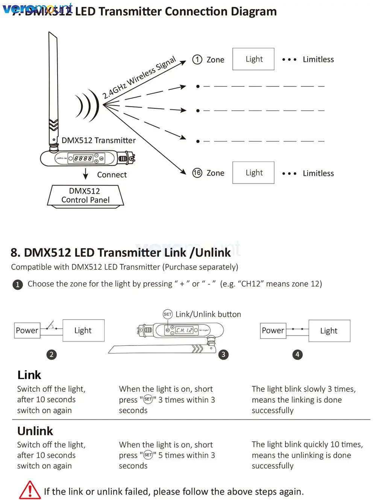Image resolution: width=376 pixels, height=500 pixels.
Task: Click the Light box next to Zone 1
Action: click(x=253, y=59)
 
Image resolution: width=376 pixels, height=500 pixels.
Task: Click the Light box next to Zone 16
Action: click(x=253, y=173)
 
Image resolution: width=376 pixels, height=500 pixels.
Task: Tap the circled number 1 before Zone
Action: click(x=197, y=59)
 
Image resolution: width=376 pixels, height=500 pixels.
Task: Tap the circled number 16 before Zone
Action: click(x=197, y=173)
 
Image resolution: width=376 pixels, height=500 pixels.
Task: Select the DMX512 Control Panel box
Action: click(x=85, y=196)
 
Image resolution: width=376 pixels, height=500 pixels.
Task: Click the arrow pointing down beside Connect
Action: click(x=86, y=174)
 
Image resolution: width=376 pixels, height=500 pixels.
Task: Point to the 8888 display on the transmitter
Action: click(x=83, y=159)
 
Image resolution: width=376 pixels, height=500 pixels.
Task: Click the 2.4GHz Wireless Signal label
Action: click(x=139, y=77)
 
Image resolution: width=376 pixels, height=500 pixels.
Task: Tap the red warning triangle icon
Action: click(x=30, y=490)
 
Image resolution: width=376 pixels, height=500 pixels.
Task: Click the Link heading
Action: click(x=29, y=375)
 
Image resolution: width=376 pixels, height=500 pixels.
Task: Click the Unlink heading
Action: click(x=35, y=431)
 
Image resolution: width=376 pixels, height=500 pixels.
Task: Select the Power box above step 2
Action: click(x=27, y=330)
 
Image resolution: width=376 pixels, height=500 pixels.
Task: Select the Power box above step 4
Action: click(x=273, y=330)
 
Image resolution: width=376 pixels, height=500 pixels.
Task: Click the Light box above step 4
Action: click(x=329, y=331)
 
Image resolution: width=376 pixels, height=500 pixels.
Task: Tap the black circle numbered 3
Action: click(x=223, y=355)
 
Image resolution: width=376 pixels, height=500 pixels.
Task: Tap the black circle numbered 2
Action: click(x=52, y=355)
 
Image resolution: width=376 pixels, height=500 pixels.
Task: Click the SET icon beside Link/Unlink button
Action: click(x=168, y=314)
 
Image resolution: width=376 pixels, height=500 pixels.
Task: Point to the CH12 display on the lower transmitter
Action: click(x=184, y=330)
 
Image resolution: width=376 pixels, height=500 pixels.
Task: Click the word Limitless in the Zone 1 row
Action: click(x=318, y=59)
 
